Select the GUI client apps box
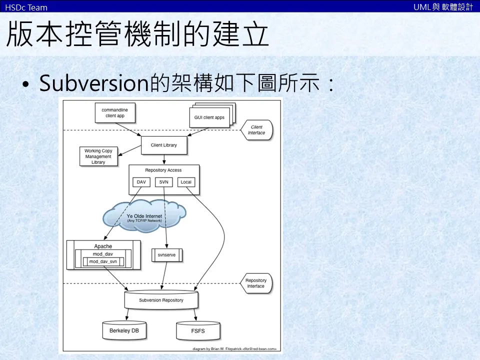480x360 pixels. click(209, 118)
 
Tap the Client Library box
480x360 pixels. click(163, 145)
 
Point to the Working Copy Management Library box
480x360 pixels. click(98, 156)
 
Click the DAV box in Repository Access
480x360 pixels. click(141, 182)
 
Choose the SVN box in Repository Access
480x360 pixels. click(163, 182)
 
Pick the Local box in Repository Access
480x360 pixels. click(186, 182)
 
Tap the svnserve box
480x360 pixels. click(167, 254)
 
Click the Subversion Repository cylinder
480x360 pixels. click(161, 300)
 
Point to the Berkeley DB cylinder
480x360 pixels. click(124, 331)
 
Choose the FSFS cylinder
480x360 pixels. click(197, 331)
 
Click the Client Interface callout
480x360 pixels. click(256, 130)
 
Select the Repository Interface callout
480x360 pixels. click(256, 283)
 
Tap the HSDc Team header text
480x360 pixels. click(26, 7)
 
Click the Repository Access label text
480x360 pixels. click(163, 170)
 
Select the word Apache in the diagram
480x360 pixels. click(103, 246)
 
